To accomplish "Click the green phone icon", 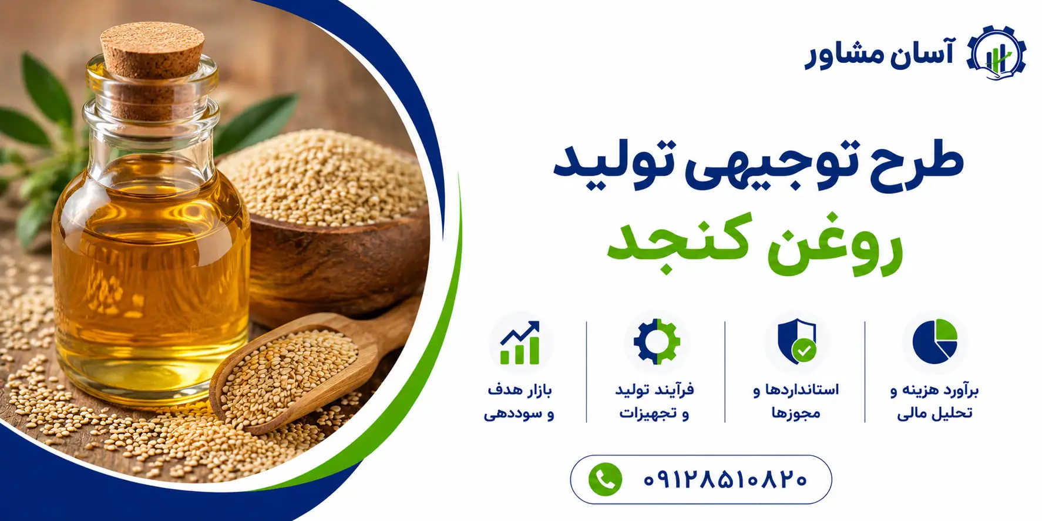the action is point(605,479).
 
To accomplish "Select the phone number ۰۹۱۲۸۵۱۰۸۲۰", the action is point(725,480).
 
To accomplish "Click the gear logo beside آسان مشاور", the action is point(996,53).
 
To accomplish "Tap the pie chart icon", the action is point(935,341).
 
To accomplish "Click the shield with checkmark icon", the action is point(796,341).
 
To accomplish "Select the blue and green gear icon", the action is point(657,342).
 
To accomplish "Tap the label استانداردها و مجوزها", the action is point(796,402).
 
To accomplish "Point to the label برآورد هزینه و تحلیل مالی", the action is point(935,402).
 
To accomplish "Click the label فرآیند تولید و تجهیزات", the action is point(655,402).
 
